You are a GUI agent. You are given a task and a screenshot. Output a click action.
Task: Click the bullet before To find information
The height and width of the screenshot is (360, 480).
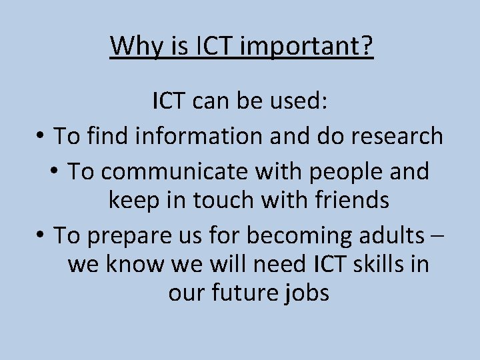click(41, 136)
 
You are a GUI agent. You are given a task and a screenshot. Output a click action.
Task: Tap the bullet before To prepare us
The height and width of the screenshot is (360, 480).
click(41, 235)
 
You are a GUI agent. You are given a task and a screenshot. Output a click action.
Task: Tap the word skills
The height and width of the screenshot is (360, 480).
click(380, 265)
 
